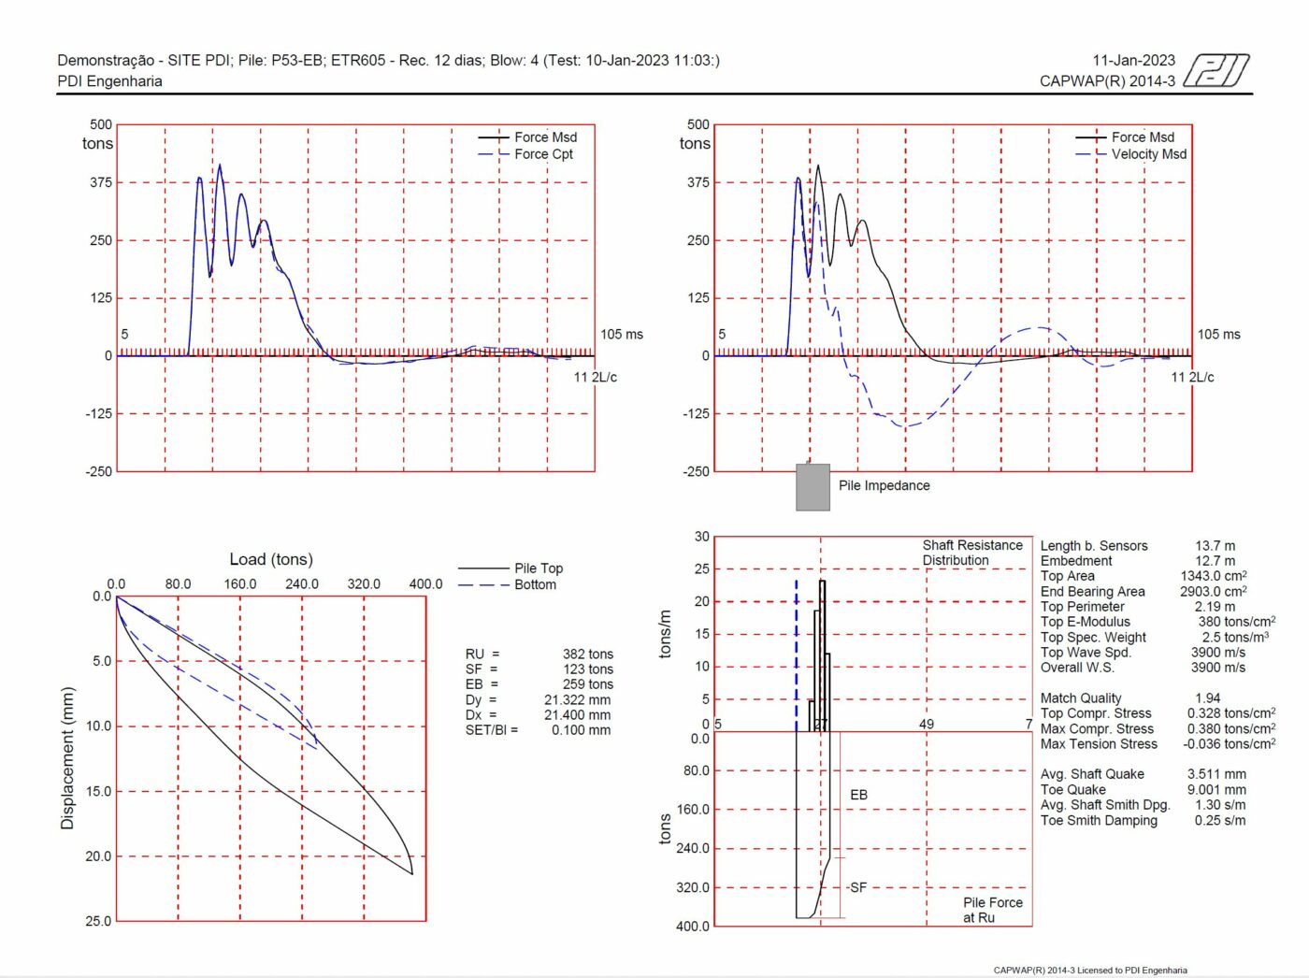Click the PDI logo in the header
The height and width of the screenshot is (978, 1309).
click(x=1216, y=70)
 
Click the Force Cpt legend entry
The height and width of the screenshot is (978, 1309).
click(x=543, y=154)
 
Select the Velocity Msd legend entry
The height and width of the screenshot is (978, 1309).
click(x=1148, y=154)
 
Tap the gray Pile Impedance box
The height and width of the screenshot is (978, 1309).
click(x=813, y=487)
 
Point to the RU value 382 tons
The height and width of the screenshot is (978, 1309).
click(x=587, y=654)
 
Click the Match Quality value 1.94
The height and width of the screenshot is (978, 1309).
click(x=1207, y=698)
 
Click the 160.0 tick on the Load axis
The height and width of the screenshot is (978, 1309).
click(x=239, y=584)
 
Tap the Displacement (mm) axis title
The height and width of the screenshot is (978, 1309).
click(x=67, y=758)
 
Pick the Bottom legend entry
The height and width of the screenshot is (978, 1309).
click(x=535, y=585)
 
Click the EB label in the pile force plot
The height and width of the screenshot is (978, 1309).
click(x=858, y=795)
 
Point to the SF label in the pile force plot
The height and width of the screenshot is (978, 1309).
click(x=857, y=887)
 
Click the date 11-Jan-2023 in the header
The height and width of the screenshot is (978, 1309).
click(x=1133, y=61)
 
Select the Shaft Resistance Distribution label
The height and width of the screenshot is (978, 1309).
click(x=971, y=553)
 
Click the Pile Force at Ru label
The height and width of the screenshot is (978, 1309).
click(x=992, y=910)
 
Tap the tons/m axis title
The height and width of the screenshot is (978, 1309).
click(x=665, y=634)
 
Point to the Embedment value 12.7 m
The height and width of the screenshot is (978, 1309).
click(x=1215, y=561)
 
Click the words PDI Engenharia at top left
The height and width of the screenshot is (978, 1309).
click(x=109, y=81)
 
